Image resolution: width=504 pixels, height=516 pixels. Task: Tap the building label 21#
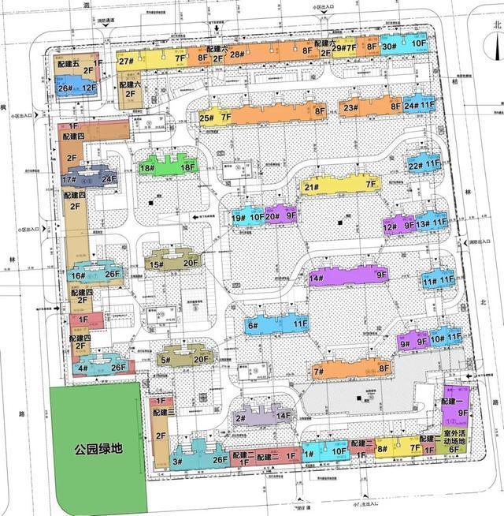click(x=311, y=187)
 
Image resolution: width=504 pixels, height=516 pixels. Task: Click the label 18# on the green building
click(x=147, y=168)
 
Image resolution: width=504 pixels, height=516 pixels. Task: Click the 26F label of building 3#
click(x=219, y=461)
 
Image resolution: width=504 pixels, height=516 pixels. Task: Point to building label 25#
click(x=207, y=119)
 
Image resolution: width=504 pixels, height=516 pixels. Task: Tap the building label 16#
click(x=76, y=275)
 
